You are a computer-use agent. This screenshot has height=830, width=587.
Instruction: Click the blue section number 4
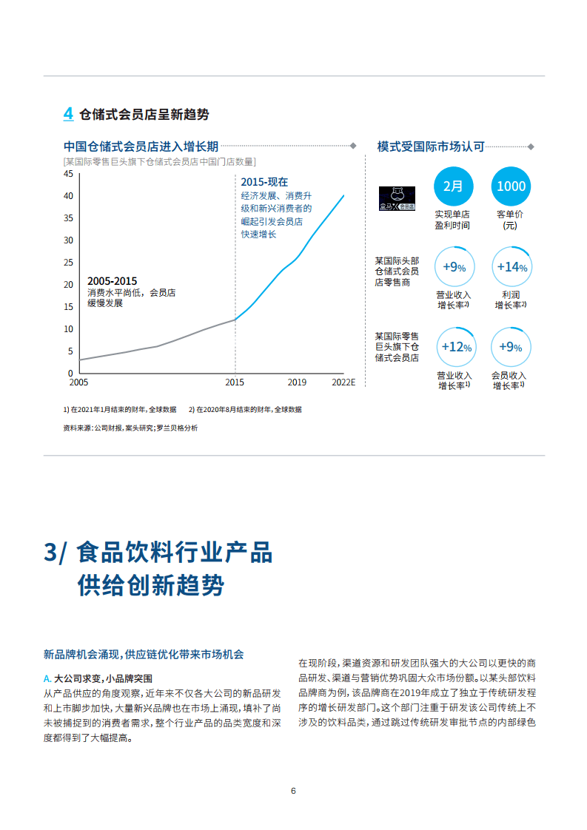pyautogui.click(x=68, y=114)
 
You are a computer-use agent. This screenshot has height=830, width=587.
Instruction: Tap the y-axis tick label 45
pyautogui.click(x=68, y=174)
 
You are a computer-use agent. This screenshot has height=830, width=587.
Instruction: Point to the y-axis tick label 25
pyautogui.click(x=68, y=263)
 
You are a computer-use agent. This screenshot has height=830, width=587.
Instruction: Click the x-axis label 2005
pyautogui.click(x=78, y=382)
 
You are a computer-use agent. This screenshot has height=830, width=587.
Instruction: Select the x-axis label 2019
pyautogui.click(x=297, y=382)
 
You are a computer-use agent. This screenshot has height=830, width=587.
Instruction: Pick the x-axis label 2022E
pyautogui.click(x=343, y=382)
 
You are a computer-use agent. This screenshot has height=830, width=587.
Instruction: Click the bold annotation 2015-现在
pyautogui.click(x=264, y=182)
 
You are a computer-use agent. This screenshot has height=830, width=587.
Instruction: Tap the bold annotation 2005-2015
pyautogui.click(x=112, y=281)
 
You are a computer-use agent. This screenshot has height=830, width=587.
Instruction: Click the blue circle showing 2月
pyautogui.click(x=453, y=186)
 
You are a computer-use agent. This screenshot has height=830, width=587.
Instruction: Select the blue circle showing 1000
pyautogui.click(x=511, y=186)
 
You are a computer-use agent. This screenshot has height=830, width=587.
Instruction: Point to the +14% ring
pyautogui.click(x=511, y=267)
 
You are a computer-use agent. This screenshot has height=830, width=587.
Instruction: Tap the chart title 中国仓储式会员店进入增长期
pyautogui.click(x=141, y=146)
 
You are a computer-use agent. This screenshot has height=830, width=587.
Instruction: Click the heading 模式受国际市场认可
pyautogui.click(x=430, y=146)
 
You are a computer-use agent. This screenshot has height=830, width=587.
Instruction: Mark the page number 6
pyautogui.click(x=293, y=791)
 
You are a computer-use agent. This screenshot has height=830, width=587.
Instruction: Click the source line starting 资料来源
pyautogui.click(x=130, y=428)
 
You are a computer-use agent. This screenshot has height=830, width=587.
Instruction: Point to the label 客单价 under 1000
pyautogui.click(x=511, y=215)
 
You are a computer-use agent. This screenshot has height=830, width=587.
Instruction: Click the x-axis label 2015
pyautogui.click(x=235, y=382)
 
